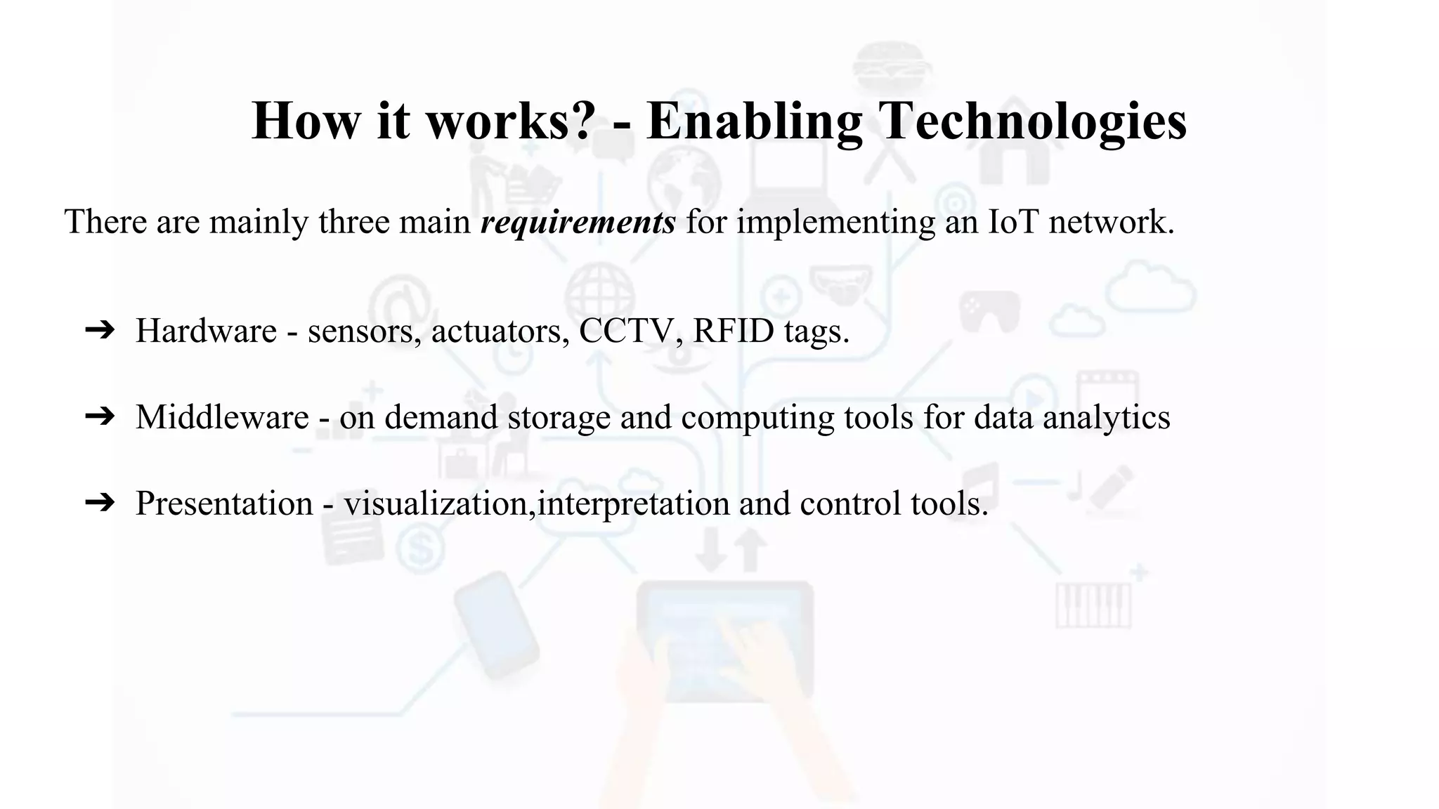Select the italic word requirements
[578, 223]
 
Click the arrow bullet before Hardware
[99, 330]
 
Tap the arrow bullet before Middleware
[99, 416]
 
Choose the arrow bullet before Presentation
[99, 503]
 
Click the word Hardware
[206, 331]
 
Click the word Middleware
[222, 417]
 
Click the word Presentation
[224, 504]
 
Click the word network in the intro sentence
[1111, 222]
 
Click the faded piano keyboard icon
[1093, 605]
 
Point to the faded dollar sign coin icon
[421, 548]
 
